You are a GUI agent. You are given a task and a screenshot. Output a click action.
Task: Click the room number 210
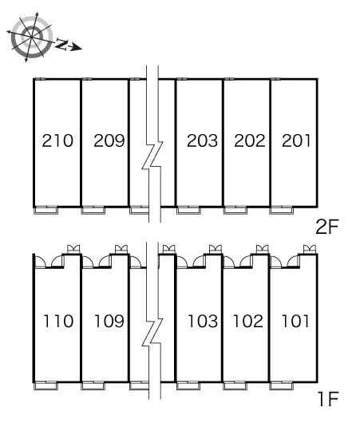click(x=57, y=140)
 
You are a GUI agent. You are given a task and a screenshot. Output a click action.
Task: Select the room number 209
click(x=109, y=140)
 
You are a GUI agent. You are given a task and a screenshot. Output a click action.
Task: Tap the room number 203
click(x=202, y=140)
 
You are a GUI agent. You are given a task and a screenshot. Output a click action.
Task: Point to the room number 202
click(x=250, y=140)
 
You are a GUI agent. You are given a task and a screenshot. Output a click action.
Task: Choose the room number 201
click(x=296, y=140)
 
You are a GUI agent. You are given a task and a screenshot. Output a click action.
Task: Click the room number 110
click(x=58, y=321)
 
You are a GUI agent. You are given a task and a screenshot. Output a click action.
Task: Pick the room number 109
click(x=109, y=321)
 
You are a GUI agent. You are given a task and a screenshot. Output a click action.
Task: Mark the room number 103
click(x=203, y=321)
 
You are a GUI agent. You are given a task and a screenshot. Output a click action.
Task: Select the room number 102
click(x=248, y=321)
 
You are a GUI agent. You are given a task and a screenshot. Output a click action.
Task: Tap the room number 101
click(x=295, y=321)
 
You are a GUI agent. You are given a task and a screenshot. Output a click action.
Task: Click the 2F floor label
click(x=327, y=227)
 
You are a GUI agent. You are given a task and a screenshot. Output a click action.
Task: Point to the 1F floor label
click(x=328, y=399)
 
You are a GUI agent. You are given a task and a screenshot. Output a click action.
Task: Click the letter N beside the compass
click(x=61, y=45)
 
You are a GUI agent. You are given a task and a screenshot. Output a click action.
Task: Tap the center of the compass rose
click(x=32, y=37)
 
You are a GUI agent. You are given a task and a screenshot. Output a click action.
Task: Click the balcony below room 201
click(x=281, y=210)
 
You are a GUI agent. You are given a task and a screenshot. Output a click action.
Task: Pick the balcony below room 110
click(x=45, y=385)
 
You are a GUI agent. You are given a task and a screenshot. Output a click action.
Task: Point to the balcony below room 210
click(x=45, y=210)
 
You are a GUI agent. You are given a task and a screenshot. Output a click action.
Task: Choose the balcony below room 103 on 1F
click(x=188, y=385)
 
